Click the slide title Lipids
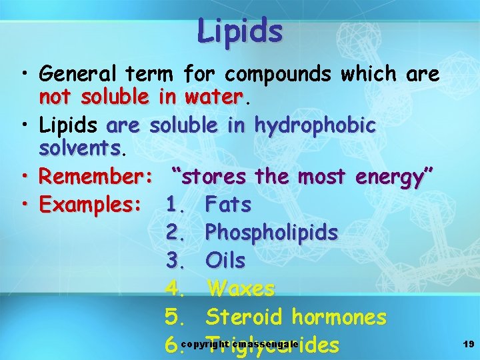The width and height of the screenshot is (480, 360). [240, 30]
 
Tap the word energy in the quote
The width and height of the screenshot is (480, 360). [395, 177]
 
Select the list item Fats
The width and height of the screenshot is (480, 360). [229, 204]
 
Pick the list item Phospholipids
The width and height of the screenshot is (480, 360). [272, 233]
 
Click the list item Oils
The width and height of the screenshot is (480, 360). [226, 260]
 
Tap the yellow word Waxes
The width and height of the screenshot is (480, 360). [241, 289]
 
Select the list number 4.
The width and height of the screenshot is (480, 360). [175, 289]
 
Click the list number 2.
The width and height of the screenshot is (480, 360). [175, 233]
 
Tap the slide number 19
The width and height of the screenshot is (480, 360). [468, 344]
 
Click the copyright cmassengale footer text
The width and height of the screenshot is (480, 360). [239, 344]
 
